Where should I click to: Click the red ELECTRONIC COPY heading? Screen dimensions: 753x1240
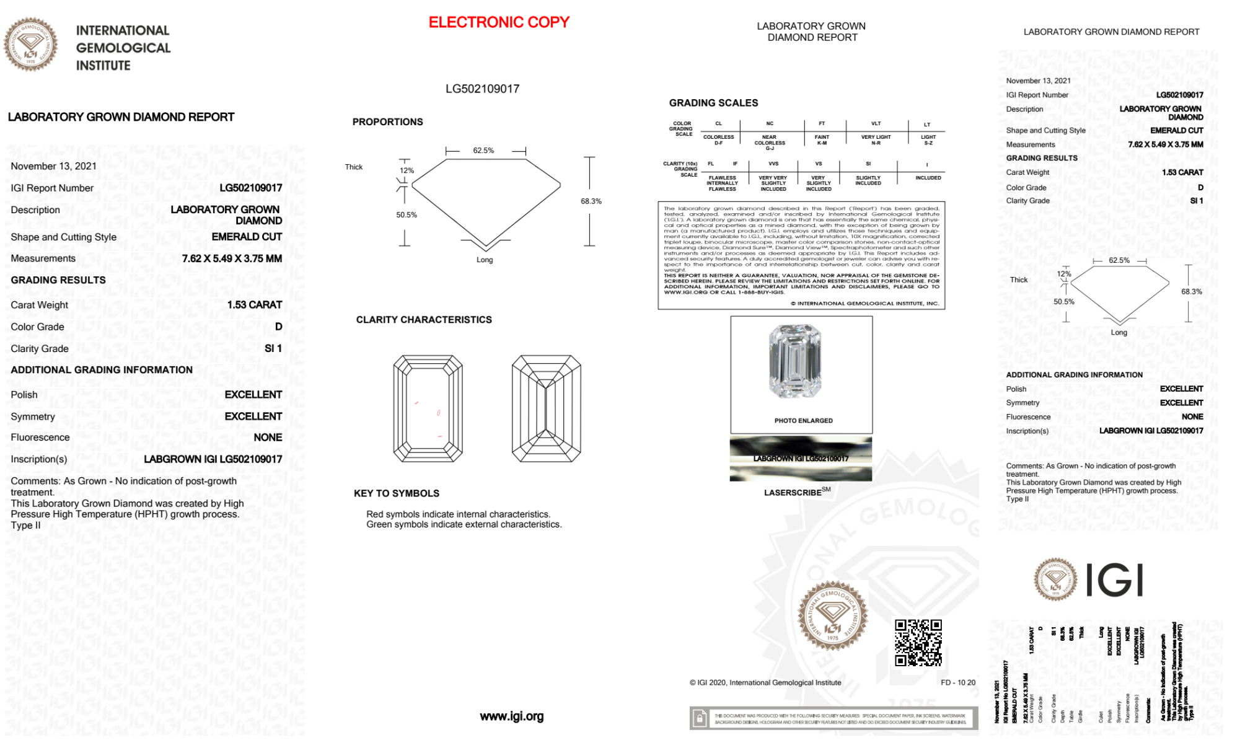pos(499,22)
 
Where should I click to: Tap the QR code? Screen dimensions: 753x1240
pos(918,642)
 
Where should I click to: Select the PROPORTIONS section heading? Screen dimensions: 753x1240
pos(387,122)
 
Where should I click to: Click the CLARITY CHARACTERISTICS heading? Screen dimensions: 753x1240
pos(424,320)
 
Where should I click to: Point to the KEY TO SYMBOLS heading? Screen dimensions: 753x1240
pos(396,493)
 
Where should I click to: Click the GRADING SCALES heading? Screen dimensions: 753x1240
pos(713,103)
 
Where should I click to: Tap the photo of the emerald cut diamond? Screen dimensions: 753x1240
pos(794,361)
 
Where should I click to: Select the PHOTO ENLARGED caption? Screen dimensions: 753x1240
pos(803,421)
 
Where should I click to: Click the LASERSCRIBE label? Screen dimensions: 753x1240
pos(793,493)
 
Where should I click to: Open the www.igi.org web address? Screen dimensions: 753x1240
pos(511,716)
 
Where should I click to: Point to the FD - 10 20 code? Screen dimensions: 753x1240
pos(957,682)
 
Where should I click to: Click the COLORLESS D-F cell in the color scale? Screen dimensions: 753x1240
pos(718,140)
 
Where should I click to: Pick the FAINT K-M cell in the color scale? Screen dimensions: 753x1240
pos(822,140)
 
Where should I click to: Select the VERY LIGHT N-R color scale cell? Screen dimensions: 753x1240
pos(876,140)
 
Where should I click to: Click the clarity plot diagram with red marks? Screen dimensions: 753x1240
pos(428,408)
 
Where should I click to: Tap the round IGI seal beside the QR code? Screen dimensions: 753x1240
pos(832,615)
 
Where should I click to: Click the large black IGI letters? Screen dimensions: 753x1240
pos(1115,581)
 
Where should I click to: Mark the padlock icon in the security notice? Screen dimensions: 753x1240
pos(700,718)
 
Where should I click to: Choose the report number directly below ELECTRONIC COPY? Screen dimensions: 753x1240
pos(482,89)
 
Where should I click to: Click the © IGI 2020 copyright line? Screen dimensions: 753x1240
pos(765,682)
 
